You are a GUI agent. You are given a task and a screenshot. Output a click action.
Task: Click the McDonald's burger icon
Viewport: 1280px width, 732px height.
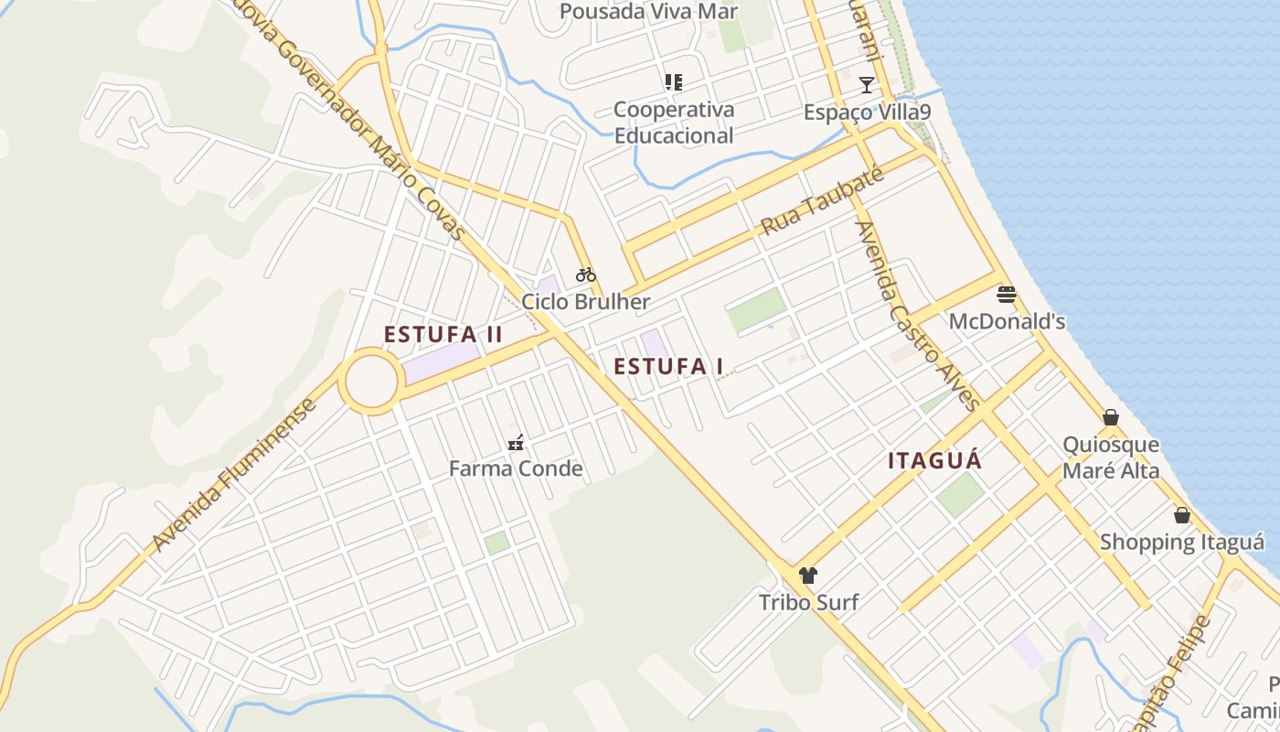click(1007, 295)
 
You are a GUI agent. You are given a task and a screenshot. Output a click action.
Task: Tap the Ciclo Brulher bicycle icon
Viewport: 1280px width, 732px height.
click(586, 274)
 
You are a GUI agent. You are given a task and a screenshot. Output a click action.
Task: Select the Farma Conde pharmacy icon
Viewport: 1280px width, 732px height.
click(516, 443)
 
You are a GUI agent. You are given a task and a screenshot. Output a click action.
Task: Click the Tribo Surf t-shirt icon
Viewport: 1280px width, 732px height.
click(808, 576)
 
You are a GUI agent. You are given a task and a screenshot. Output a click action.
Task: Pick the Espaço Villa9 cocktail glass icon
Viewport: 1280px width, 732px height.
click(867, 85)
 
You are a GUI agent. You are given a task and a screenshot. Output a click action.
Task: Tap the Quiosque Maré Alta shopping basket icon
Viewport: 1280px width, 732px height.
click(1111, 418)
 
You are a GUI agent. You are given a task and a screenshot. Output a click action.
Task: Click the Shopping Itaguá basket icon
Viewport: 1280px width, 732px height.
click(1182, 515)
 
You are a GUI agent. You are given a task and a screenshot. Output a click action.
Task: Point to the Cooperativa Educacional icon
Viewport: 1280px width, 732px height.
click(674, 82)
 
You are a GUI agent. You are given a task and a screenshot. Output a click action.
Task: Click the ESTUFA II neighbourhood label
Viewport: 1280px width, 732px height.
click(443, 335)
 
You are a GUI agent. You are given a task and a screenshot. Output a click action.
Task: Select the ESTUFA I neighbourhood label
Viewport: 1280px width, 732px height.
click(668, 367)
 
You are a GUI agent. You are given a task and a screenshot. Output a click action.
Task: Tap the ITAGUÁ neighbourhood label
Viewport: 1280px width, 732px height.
click(934, 461)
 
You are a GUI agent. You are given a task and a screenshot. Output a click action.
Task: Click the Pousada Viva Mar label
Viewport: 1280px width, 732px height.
click(648, 12)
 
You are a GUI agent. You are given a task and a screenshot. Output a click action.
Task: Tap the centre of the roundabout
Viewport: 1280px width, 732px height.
click(370, 381)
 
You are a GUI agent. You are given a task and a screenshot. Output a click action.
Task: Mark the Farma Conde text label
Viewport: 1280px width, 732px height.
click(516, 469)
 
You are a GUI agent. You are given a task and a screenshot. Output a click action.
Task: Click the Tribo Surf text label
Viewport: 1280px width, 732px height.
click(808, 602)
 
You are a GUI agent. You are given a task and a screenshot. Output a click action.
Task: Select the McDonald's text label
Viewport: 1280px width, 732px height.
click(1007, 322)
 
